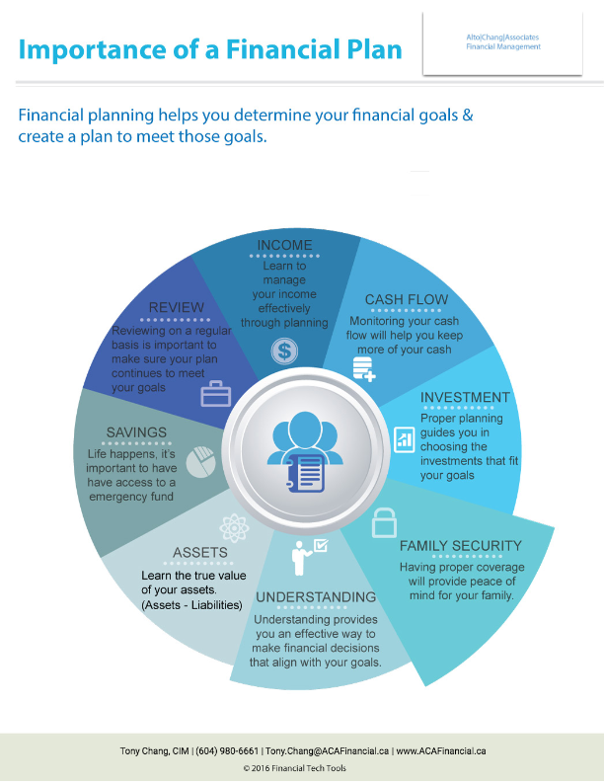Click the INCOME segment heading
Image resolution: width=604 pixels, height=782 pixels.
pyautogui.click(x=284, y=245)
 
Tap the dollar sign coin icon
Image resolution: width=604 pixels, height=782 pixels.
pyautogui.click(x=284, y=351)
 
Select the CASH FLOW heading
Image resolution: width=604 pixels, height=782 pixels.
pyautogui.click(x=407, y=299)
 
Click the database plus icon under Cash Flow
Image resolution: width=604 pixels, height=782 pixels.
pyautogui.click(x=364, y=369)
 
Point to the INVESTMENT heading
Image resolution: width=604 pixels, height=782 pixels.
pyautogui.click(x=465, y=397)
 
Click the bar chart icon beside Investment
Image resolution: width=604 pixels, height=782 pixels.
pyautogui.click(x=405, y=439)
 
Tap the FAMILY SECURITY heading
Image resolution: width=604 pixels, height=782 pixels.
pyautogui.click(x=461, y=546)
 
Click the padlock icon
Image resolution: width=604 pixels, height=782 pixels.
pyautogui.click(x=384, y=522)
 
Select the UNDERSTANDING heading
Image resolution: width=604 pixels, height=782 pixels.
pyautogui.click(x=316, y=597)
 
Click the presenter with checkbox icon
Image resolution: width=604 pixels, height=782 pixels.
pyautogui.click(x=309, y=557)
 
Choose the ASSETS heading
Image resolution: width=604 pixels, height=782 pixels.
pyautogui.click(x=200, y=553)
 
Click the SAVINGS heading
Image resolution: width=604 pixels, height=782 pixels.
pyautogui.click(x=136, y=432)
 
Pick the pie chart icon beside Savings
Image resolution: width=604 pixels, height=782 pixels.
pyautogui.click(x=200, y=462)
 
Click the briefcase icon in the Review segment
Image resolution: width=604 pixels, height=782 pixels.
pyautogui.click(x=216, y=394)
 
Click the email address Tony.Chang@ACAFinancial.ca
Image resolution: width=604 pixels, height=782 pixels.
pyautogui.click(x=328, y=750)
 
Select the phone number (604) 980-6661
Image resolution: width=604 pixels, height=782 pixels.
pyautogui.click(x=227, y=750)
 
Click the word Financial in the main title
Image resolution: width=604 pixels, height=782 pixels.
pyautogui.click(x=277, y=49)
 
